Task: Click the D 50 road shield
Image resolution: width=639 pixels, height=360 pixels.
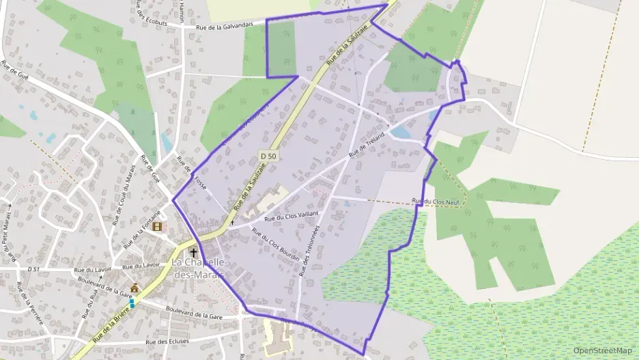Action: point(268,156)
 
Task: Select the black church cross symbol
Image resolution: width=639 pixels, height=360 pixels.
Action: point(193,253)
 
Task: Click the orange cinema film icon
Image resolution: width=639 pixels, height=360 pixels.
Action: point(158,226)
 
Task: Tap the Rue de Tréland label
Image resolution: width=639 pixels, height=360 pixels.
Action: point(367,144)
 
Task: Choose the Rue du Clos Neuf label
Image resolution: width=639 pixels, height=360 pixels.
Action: point(438,201)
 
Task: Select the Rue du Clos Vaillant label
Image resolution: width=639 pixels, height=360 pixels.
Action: point(292,218)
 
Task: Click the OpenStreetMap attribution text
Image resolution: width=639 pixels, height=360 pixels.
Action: point(603,350)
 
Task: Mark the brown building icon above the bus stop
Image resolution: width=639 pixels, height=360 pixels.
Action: point(134,288)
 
